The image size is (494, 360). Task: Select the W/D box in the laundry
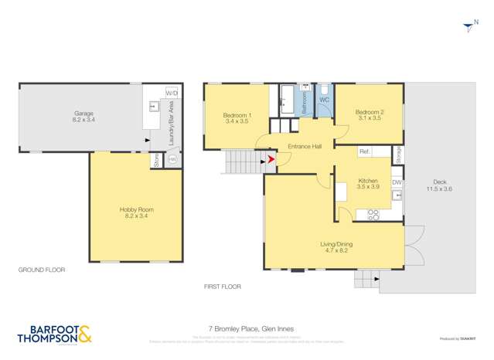[172, 93]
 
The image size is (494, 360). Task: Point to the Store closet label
[156, 161]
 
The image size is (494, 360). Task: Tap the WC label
[324, 100]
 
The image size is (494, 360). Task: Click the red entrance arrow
[270, 160]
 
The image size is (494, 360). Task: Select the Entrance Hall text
[304, 146]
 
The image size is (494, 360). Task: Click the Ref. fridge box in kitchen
[366, 152]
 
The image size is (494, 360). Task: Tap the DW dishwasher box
[396, 182]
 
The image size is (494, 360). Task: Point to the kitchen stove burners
[372, 214]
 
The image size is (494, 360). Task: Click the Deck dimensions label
[438, 186]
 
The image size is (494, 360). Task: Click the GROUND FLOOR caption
[42, 270]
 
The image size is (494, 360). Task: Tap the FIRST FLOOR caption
[223, 287]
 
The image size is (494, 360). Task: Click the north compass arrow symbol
[468, 28]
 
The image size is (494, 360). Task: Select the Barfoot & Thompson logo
[54, 335]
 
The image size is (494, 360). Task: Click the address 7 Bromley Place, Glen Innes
[247, 328]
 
